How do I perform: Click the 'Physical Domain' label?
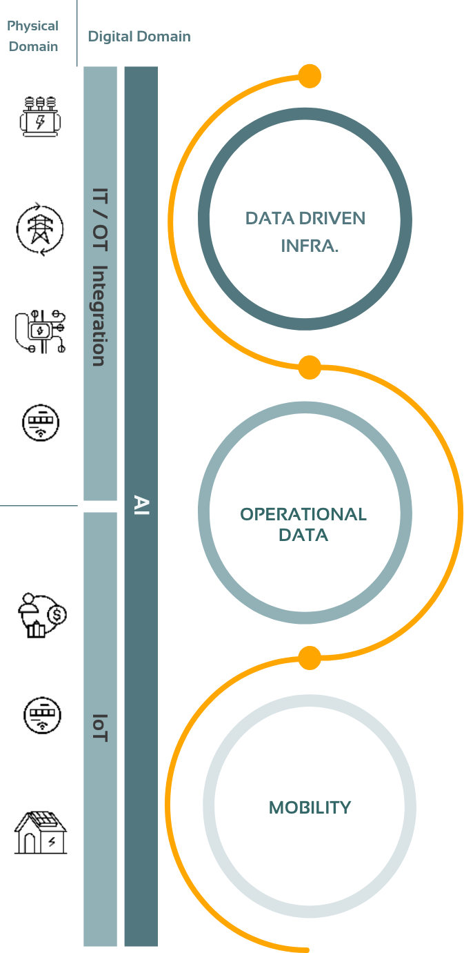[x=33, y=37]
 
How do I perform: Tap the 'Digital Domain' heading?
[x=139, y=37]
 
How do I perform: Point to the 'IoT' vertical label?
[x=100, y=727]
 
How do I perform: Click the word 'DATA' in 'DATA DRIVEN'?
[x=270, y=219]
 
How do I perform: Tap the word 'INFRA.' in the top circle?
[x=310, y=246]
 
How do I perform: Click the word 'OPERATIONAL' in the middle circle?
[x=303, y=514]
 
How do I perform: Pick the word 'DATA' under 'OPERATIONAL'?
[x=303, y=535]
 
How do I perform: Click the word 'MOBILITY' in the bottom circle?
[x=310, y=807]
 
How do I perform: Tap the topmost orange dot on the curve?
[x=310, y=76]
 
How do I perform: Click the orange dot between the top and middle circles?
[x=310, y=368]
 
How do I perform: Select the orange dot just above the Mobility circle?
[x=310, y=658]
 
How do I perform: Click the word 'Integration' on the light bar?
[x=100, y=316]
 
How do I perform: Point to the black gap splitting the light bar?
[x=100, y=506]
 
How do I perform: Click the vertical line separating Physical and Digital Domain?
[x=77, y=33]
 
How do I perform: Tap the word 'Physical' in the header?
[x=33, y=26]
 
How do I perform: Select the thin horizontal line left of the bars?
[x=39, y=506]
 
